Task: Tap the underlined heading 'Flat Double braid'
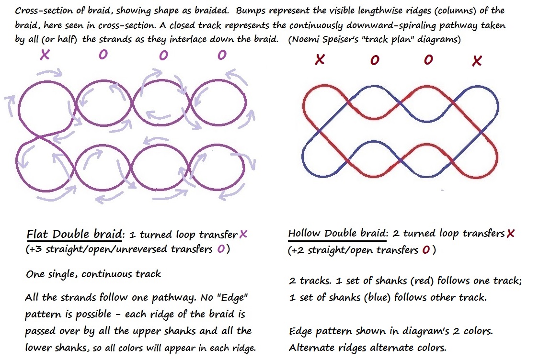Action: [75, 234]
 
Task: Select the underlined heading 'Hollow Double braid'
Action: [336, 233]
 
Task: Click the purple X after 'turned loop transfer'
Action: [243, 234]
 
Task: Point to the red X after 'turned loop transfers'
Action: [510, 234]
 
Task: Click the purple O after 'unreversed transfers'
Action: [220, 249]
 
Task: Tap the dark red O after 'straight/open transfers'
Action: [426, 250]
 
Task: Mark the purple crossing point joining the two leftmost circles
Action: [41, 137]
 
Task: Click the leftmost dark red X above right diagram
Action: [320, 60]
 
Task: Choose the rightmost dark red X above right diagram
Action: [477, 61]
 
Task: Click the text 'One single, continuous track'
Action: [93, 274]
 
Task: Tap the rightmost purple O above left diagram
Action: [222, 55]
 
